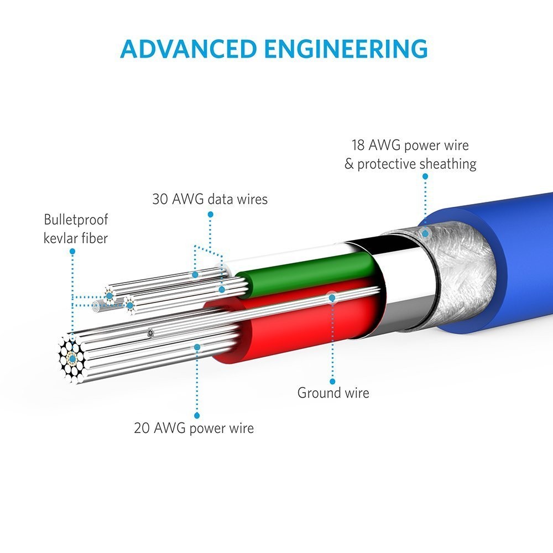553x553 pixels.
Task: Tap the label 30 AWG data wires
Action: tap(210, 199)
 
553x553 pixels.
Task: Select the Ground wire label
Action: tap(333, 393)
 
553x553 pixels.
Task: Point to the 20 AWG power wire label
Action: tap(194, 428)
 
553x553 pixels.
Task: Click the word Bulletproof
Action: tap(76, 220)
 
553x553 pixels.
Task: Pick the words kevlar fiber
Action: tap(76, 238)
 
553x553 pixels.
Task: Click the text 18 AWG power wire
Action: tap(410, 145)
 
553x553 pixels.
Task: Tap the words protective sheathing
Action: tap(416, 164)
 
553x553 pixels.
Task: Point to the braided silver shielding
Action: tap(459, 265)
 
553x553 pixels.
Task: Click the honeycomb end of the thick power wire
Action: tap(71, 358)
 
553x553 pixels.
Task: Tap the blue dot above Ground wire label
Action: tap(332, 381)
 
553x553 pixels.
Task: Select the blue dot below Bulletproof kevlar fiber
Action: tap(72, 251)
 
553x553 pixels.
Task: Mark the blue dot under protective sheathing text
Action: tap(425, 176)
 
